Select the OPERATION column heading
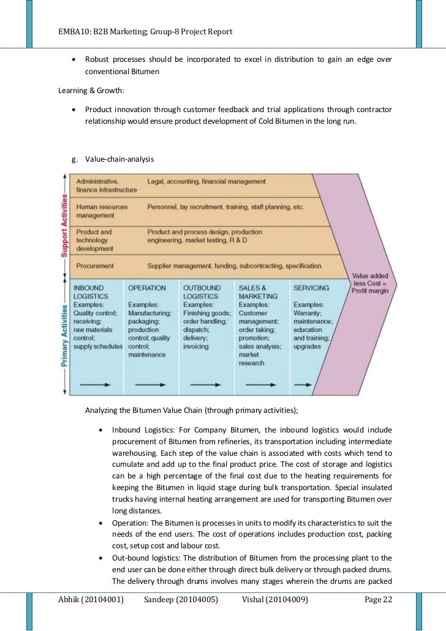point(147,287)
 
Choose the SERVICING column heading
point(311,287)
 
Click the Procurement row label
point(94,266)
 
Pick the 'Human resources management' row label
point(102,211)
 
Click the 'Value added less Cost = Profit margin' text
point(368,283)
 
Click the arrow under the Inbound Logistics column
point(96,385)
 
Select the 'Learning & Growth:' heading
point(91,91)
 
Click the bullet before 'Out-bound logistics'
point(101,559)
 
